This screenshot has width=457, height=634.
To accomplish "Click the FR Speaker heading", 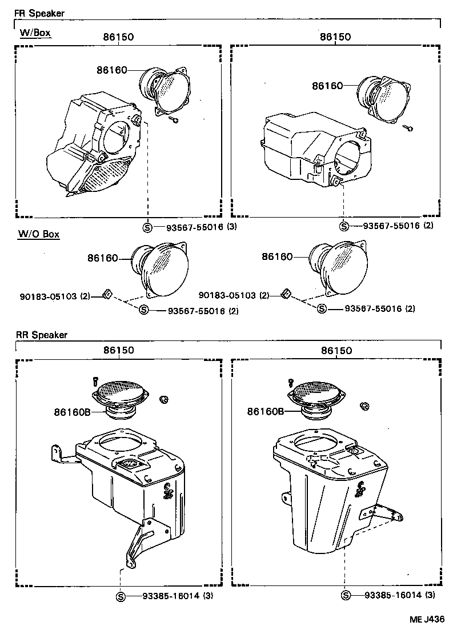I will pos(39,13).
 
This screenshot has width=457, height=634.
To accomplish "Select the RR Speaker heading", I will pos(41,335).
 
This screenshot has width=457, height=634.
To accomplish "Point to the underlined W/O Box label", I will pos(39,234).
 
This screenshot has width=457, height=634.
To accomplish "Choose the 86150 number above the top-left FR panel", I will pos(118,37).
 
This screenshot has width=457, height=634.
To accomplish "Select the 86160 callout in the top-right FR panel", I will pos(327,86).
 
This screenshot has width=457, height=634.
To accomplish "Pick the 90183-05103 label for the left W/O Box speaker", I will pos(48,296).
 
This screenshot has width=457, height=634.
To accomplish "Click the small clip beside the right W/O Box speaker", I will pos(286,294).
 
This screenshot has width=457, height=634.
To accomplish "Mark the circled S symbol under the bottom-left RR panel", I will pos(121,595).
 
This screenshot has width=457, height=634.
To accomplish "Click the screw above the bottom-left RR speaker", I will pos(95,380).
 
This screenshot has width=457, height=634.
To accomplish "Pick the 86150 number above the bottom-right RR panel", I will pos(335,351).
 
